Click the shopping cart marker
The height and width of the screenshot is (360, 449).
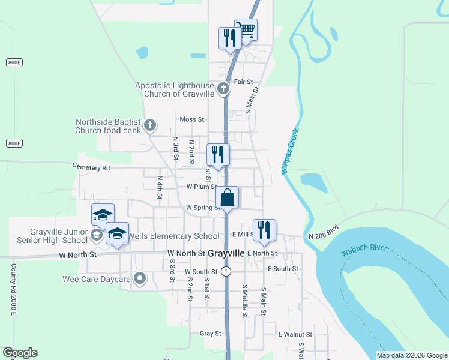point(246,29)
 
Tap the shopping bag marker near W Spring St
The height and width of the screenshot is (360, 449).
point(228,197)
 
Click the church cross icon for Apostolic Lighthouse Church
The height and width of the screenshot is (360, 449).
point(223,89)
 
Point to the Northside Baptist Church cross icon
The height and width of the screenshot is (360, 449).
point(150,125)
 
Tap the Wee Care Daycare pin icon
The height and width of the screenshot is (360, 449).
point(140,278)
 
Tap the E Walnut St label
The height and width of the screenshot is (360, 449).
point(295,334)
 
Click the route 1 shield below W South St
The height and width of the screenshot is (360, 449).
point(226,271)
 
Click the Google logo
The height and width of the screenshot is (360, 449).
point(20,353)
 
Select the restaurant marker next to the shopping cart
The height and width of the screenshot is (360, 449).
point(229,38)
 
